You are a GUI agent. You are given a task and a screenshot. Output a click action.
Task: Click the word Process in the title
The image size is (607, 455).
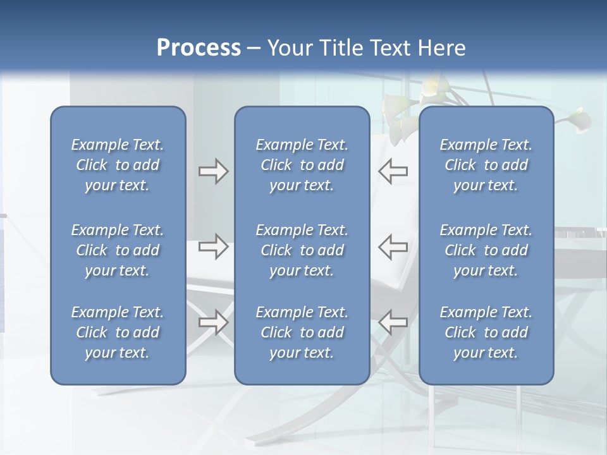pyautogui.click(x=199, y=48)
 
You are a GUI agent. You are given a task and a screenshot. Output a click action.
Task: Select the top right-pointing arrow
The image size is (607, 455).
pyautogui.click(x=213, y=171)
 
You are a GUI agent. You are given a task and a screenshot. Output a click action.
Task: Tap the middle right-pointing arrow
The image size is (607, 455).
pyautogui.click(x=213, y=246)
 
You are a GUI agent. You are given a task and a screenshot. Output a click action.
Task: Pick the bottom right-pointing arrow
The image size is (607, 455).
pyautogui.click(x=213, y=322)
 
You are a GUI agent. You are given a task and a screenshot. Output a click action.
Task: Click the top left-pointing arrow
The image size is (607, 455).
pyautogui.click(x=393, y=171)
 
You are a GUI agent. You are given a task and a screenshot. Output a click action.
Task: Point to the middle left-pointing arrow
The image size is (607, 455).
pyautogui.click(x=393, y=246)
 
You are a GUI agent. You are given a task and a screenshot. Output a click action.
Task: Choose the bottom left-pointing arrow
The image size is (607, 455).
pyautogui.click(x=393, y=322)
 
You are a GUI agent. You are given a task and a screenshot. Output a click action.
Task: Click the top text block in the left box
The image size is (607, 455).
pyautogui.click(x=118, y=165)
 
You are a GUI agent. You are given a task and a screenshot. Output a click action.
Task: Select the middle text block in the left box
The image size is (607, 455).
pyautogui.click(x=118, y=250)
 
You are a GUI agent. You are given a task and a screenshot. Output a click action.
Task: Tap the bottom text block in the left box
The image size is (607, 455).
pyautogui.click(x=118, y=332)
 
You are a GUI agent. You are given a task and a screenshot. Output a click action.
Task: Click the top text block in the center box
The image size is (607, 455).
pyautogui.click(x=302, y=165)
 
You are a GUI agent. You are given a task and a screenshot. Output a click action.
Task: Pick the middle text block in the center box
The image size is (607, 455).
pyautogui.click(x=302, y=250)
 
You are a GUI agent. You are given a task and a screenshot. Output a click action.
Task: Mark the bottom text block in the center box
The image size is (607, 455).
pyautogui.click(x=302, y=332)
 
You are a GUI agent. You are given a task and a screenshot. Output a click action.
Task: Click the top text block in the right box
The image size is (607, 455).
pyautogui.click(x=486, y=165)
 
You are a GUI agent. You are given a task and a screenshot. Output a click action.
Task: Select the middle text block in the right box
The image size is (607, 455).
pyautogui.click(x=486, y=250)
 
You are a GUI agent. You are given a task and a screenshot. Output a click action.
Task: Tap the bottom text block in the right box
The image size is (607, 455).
pyautogui.click(x=486, y=332)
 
